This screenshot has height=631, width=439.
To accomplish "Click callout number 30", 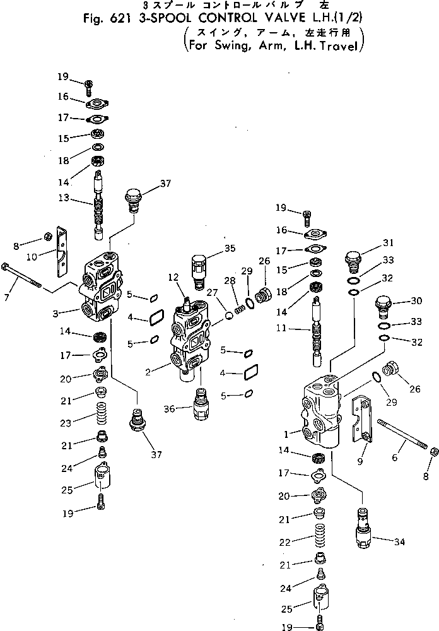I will [398, 300].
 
